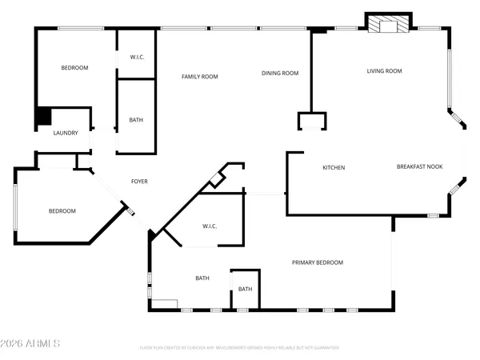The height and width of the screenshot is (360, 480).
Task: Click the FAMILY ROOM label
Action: (x=200, y=77)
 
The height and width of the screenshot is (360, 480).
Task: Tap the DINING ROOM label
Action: (x=280, y=74)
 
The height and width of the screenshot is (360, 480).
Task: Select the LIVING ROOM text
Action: (x=384, y=71)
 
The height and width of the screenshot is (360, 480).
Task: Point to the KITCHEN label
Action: (x=334, y=168)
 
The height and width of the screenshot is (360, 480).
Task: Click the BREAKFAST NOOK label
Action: (x=420, y=167)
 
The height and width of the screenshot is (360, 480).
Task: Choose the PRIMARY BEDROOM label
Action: (x=318, y=262)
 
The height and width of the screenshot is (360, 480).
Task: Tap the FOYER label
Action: (x=139, y=182)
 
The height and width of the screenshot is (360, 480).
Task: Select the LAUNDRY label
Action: (x=66, y=133)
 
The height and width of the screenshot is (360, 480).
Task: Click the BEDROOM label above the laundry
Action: (x=74, y=68)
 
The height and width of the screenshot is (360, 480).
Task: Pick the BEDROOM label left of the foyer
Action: (x=62, y=211)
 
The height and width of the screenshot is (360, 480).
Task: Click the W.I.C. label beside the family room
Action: (x=137, y=58)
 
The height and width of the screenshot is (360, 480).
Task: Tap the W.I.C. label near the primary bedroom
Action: (x=210, y=226)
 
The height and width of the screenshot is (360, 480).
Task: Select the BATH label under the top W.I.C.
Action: (x=137, y=121)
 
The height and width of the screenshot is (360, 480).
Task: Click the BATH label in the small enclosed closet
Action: (x=245, y=290)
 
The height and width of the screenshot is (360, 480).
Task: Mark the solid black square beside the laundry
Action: (x=42, y=117)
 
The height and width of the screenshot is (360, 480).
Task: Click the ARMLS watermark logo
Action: (x=31, y=343)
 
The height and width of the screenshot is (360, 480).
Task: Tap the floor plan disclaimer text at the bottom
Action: (x=239, y=348)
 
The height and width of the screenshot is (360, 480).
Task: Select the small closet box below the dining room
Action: (x=312, y=121)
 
